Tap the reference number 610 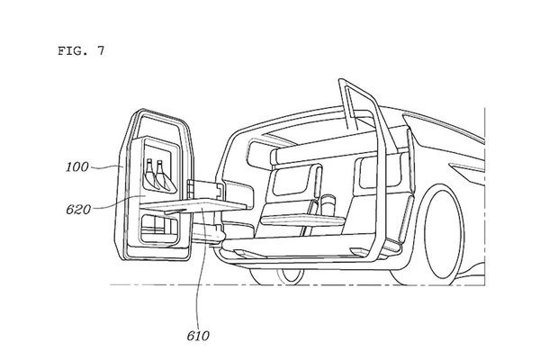click(199, 336)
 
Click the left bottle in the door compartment click(148, 175)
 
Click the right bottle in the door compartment click(162, 175)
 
